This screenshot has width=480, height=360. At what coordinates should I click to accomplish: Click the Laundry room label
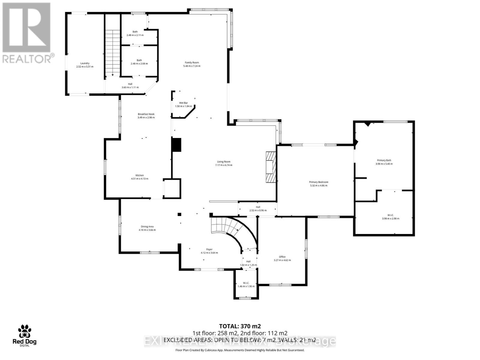85,63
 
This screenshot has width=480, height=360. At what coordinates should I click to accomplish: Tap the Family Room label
192,63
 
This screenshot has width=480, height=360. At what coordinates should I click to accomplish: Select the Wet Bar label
183,103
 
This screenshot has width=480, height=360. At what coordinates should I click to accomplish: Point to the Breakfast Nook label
146,114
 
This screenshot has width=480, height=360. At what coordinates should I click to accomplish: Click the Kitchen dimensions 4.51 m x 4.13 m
139,179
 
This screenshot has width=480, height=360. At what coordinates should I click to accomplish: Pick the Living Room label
224,162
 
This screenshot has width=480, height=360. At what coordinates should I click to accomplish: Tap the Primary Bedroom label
319,182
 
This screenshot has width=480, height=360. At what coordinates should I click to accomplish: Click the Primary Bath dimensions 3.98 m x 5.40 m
384,164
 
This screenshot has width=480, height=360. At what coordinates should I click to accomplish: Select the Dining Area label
147,226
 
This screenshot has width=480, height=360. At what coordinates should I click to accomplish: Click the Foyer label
209,249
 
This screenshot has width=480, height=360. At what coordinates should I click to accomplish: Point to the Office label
282,257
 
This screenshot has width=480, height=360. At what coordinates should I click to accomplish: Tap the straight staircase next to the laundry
112,52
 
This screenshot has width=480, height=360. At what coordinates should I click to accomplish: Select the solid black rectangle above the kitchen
176,145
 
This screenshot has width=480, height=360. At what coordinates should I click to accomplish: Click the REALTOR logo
27,33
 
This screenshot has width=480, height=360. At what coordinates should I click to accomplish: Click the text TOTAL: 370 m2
240,326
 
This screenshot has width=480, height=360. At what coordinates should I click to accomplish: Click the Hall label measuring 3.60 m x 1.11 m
130,84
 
